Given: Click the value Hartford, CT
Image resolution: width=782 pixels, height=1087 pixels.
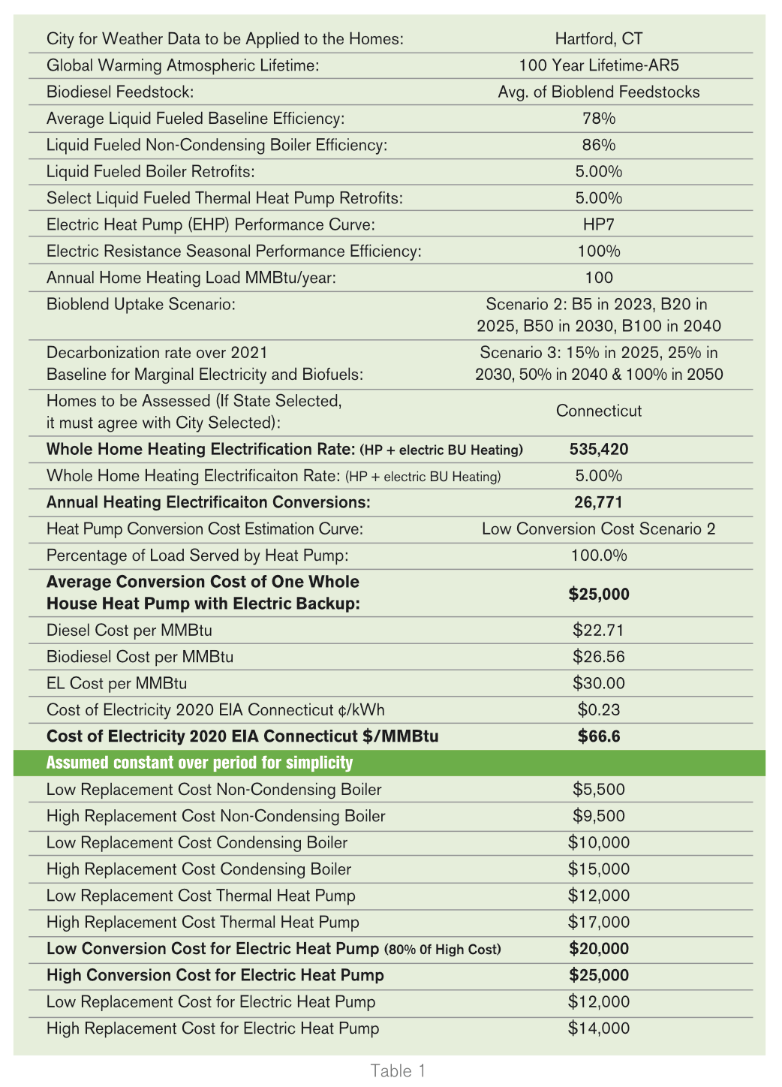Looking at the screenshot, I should click(x=598, y=39).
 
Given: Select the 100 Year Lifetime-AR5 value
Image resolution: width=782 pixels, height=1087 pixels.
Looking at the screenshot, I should click(x=598, y=65).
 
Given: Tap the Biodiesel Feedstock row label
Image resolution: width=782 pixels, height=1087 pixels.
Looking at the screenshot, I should click(x=120, y=92).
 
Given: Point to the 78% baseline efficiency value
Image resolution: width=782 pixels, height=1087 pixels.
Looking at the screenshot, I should click(x=598, y=119).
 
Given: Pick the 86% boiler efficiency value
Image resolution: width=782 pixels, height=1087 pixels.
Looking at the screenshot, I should click(x=598, y=145).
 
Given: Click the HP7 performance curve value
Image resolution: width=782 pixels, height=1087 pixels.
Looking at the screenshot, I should click(x=598, y=224).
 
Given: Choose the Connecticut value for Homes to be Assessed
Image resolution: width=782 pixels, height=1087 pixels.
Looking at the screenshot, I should click(x=598, y=411).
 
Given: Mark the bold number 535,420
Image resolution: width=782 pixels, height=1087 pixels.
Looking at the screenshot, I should click(x=598, y=450).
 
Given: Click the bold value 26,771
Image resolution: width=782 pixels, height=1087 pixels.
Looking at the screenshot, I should click(x=598, y=502).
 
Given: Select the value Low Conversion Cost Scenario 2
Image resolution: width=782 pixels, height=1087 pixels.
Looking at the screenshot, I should click(x=598, y=529).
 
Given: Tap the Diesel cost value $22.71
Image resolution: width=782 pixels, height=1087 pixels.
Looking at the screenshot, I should click(x=598, y=631).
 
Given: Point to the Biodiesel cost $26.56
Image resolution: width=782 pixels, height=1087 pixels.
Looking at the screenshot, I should click(x=598, y=657).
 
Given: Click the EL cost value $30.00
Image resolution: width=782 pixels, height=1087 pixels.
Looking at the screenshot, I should click(x=598, y=683).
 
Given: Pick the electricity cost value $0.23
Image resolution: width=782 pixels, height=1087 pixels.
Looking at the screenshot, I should click(x=598, y=709).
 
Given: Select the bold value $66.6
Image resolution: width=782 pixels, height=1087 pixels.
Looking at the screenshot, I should click(x=598, y=736).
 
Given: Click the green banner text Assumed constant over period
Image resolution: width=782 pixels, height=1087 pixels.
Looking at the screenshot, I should click(x=200, y=763).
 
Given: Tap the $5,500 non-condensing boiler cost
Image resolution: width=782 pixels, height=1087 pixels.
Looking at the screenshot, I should click(x=598, y=790).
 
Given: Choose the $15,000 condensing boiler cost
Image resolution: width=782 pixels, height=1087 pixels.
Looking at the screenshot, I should click(x=598, y=869).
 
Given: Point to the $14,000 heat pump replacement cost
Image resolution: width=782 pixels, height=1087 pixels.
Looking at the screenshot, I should click(x=598, y=1028).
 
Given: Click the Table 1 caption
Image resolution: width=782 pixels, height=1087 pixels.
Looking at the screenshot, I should click(x=398, y=1071).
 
